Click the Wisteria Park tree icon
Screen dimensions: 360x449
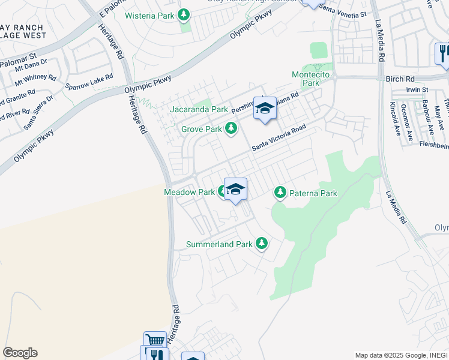pyautogui.click(x=185, y=14)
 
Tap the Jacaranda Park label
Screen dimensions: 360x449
pyautogui.click(x=199, y=110)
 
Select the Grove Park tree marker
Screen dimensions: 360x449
pyautogui.click(x=231, y=128)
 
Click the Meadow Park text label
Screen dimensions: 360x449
pyautogui.click(x=189, y=193)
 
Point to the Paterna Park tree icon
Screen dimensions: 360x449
pyautogui.click(x=280, y=193)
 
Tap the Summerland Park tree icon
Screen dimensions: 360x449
pyautogui.click(x=261, y=244)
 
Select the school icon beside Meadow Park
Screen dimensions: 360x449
pyautogui.click(x=236, y=190)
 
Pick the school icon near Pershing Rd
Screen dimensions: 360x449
pyautogui.click(x=265, y=109)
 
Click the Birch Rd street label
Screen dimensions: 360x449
pyautogui.click(x=400, y=79)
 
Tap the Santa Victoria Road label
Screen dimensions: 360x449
pyautogui.click(x=279, y=137)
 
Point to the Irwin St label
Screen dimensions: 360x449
pyautogui.click(x=417, y=89)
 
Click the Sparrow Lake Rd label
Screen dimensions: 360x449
pyautogui.click(x=89, y=82)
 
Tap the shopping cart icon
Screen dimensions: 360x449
pyautogui.click(x=155, y=340)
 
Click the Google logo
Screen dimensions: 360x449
pyautogui.click(x=20, y=353)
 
